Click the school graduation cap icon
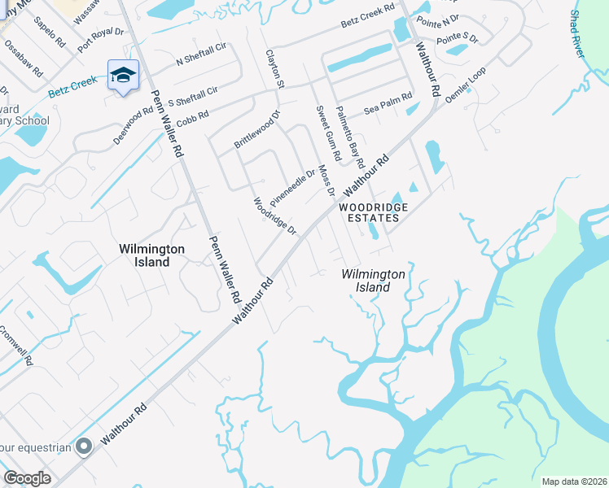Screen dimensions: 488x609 click(123, 76)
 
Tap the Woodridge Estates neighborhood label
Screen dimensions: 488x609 click(373, 212)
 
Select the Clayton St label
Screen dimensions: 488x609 click(274, 68)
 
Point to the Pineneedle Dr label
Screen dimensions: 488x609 click(292, 187)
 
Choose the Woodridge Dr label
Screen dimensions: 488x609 click(274, 216)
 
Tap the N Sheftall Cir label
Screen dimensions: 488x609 click(201, 56)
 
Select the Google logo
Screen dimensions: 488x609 click(27, 477)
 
